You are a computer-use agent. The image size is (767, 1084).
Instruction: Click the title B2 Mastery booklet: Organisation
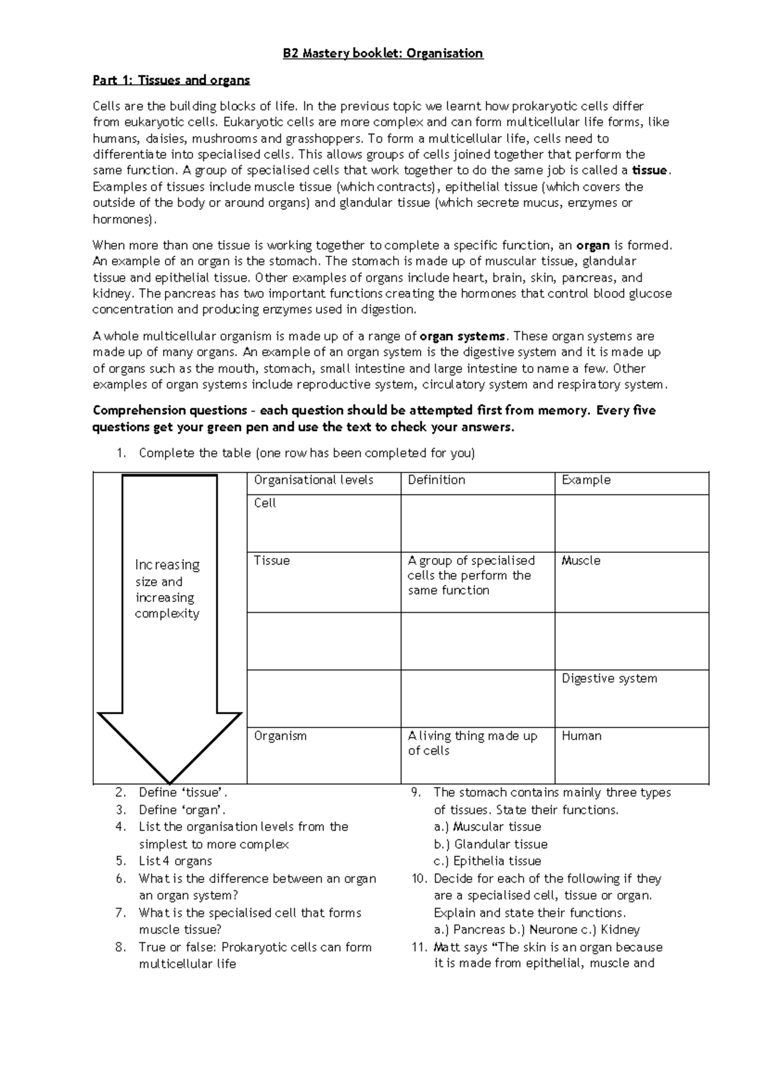[x=383, y=54]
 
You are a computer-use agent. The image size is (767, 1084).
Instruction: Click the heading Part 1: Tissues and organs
[x=171, y=81]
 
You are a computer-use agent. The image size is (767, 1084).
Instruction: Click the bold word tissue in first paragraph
[x=649, y=171]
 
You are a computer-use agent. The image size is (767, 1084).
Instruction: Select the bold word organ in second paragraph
[x=593, y=245]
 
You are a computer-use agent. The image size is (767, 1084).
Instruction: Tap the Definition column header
[x=437, y=480]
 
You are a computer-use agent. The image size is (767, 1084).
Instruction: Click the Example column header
[x=586, y=480]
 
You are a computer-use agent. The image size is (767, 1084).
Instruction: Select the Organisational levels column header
[x=313, y=480]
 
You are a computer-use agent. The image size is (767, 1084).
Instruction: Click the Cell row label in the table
[x=265, y=503]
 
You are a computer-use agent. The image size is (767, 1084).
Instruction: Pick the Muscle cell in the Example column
[x=580, y=561]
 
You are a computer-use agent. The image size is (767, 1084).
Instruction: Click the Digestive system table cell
[x=609, y=679]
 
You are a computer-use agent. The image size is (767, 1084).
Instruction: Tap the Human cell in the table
[x=581, y=736]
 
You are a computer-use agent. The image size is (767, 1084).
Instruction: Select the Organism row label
[x=280, y=736]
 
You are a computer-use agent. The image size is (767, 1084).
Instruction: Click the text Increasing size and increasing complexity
[x=167, y=589]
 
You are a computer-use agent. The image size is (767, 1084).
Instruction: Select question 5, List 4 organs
[x=175, y=862]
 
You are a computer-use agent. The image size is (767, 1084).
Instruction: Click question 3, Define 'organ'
[x=182, y=810]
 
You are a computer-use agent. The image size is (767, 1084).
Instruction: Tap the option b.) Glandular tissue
[x=490, y=844]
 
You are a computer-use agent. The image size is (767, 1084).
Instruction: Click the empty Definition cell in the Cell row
[x=477, y=523]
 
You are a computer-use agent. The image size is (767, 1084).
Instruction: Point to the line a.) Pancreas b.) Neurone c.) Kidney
[x=536, y=930]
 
